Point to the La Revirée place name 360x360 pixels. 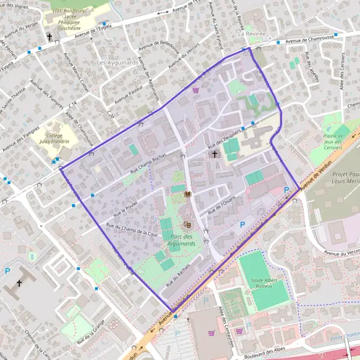pos(250,34)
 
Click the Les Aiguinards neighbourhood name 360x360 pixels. pos(118,62)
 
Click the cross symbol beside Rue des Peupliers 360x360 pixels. pos(214,154)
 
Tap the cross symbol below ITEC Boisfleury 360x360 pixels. pos(50,37)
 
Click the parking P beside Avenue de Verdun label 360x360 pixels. pos(286,191)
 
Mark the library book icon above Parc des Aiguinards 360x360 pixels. pos(187,194)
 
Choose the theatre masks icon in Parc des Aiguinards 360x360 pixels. pos(187,224)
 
